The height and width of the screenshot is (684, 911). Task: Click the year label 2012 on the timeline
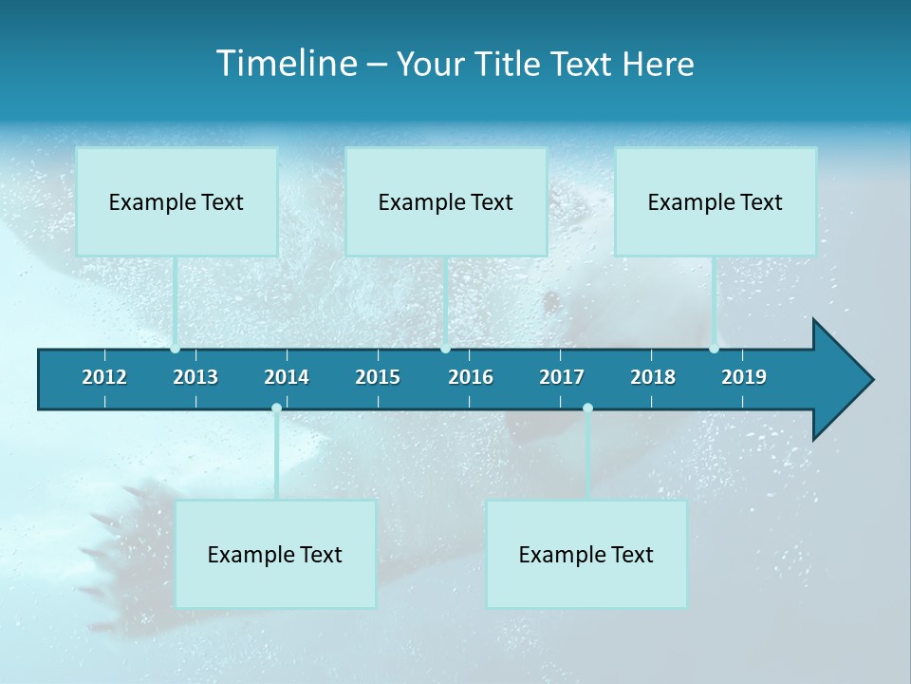coord(104,377)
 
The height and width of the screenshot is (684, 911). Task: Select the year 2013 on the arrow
coord(195,377)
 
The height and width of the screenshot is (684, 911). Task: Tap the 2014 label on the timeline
coord(287,377)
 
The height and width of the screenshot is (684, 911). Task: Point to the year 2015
coord(378,377)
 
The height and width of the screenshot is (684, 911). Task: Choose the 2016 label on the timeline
coord(471,377)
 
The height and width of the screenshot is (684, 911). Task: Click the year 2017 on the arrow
coord(562,377)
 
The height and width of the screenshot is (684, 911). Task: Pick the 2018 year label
coord(653,377)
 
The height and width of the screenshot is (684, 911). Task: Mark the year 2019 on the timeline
coord(744,377)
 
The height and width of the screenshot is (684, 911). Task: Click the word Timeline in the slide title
coord(286,64)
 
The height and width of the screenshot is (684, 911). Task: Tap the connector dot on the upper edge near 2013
coord(175,349)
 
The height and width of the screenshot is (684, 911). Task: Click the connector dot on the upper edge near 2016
coord(446,349)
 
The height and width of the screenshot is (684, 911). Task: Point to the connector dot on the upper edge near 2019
coord(714,349)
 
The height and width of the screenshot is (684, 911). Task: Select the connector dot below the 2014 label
coord(276,408)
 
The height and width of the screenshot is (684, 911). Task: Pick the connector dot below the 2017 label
coord(587,408)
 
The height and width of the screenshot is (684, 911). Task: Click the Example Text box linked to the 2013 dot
coord(177,201)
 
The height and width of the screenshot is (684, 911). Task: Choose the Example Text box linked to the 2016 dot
coord(446,201)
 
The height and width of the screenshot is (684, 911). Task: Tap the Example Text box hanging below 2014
coord(275,554)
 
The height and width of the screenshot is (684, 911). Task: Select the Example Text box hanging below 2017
coord(586,554)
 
